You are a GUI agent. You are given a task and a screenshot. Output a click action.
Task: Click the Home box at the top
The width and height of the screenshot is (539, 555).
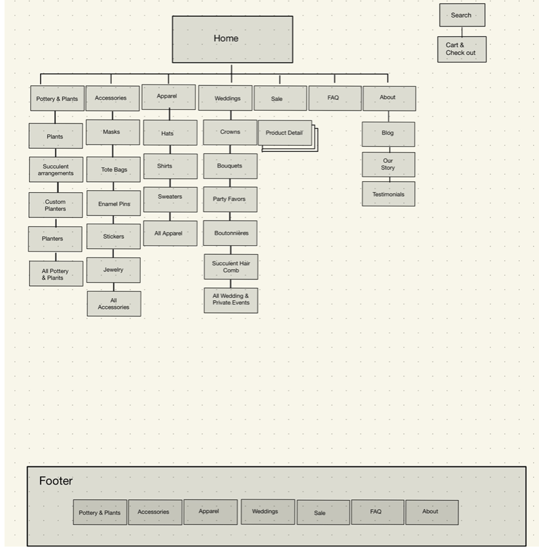click(x=232, y=39)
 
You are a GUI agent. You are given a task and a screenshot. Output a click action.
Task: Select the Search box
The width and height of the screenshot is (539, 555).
click(x=461, y=15)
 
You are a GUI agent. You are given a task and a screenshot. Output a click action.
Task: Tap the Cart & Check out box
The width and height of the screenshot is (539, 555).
click(x=461, y=49)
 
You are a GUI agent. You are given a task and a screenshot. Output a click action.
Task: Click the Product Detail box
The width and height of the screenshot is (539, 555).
click(x=284, y=133)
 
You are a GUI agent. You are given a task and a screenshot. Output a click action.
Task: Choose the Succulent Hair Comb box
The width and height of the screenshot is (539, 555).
click(x=231, y=267)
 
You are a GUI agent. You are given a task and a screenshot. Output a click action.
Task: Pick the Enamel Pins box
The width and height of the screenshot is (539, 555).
click(x=114, y=204)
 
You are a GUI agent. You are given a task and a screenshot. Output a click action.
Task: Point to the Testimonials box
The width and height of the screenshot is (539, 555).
click(x=388, y=194)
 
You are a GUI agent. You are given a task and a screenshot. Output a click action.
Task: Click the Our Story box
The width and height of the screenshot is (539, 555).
click(x=388, y=164)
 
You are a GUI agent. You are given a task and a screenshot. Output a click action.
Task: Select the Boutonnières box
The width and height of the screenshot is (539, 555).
click(x=230, y=233)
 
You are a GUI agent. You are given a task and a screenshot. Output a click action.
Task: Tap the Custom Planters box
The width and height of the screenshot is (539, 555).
click(x=56, y=205)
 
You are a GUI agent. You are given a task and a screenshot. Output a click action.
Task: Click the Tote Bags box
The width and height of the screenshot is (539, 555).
click(x=114, y=169)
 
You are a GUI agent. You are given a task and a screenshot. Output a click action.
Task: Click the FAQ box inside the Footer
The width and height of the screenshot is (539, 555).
click(x=377, y=512)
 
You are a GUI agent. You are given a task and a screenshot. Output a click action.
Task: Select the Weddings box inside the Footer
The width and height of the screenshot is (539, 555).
click(x=267, y=511)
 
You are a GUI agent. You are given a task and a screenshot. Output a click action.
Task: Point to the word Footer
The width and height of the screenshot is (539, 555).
click(x=56, y=481)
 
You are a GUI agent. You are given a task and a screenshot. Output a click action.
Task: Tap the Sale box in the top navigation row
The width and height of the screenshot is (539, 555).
click(x=279, y=98)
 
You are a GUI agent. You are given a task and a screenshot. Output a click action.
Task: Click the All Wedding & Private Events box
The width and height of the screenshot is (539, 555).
click(x=231, y=300)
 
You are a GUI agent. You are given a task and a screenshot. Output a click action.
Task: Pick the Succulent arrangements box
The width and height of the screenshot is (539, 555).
click(x=56, y=169)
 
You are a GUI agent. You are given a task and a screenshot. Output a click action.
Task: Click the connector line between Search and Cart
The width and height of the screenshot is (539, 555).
click(x=461, y=31)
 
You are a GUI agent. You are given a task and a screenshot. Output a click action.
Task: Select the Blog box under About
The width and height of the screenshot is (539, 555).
click(x=388, y=133)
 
